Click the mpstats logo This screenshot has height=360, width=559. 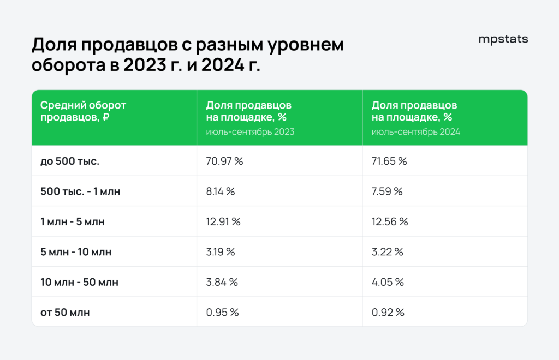[503, 39]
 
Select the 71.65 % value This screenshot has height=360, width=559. [389, 161]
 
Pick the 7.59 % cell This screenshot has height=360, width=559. [387, 191]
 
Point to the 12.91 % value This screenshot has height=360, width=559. [223, 221]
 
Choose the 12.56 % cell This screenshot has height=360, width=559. [390, 221]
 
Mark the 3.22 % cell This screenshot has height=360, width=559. [388, 252]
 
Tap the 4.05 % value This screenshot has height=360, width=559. [388, 282]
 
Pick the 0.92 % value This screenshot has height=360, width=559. [388, 313]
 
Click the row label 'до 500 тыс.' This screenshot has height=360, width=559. [70, 161]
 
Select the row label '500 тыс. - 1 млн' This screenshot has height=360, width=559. [82, 191]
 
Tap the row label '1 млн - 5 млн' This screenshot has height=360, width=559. [72, 221]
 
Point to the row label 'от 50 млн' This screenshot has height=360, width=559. [65, 313]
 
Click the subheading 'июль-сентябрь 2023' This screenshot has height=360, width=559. [250, 132]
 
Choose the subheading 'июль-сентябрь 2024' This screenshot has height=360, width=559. [416, 132]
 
